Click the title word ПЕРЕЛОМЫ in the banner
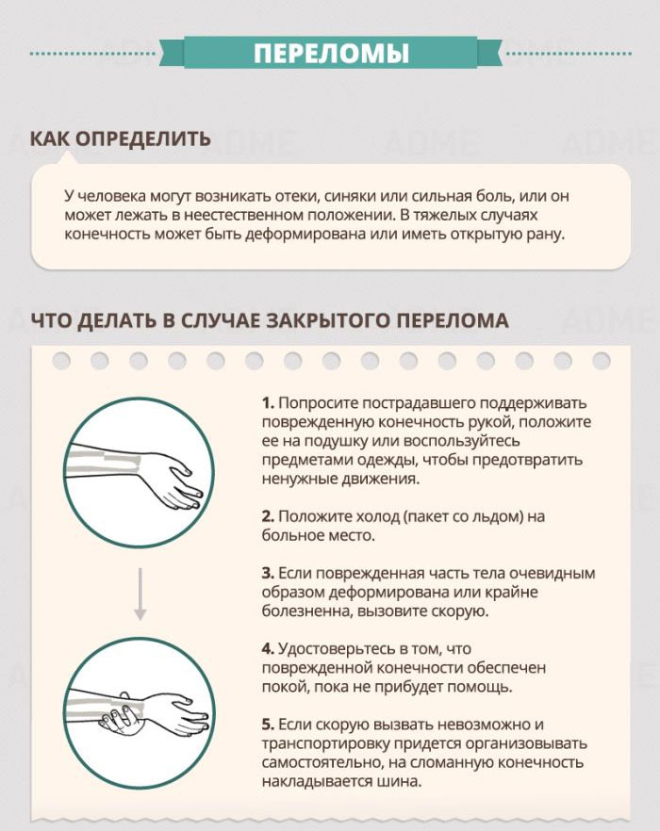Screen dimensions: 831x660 point(331,53)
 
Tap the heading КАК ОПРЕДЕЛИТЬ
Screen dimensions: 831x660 point(120,139)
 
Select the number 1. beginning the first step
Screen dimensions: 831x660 point(268,402)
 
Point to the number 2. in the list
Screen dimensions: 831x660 point(269,516)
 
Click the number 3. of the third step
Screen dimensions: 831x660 point(269,573)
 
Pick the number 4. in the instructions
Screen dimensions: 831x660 point(269,648)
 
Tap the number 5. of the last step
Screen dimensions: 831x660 point(269,725)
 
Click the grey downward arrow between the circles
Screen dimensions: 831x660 point(140,594)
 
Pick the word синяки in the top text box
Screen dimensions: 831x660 point(353,196)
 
